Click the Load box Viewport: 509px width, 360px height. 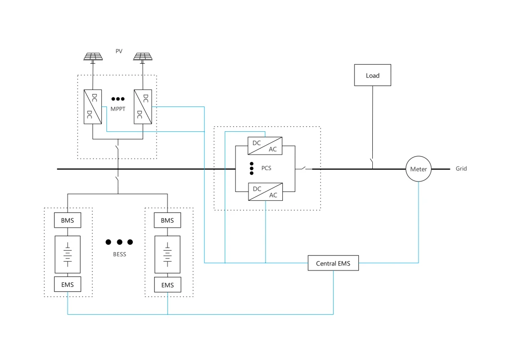point(372,76)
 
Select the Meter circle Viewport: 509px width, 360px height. point(418,169)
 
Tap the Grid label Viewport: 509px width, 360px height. point(461,169)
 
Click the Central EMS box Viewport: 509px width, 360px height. point(333,264)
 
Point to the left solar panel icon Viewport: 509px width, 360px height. point(92,57)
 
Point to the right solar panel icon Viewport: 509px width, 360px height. point(143,57)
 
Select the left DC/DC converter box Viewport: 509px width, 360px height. point(92,106)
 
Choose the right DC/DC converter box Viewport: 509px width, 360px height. point(143,106)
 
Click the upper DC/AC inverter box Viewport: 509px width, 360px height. point(265,146)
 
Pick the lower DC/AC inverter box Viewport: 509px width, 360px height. point(265,192)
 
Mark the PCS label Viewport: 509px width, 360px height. point(266,169)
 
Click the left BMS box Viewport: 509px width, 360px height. point(68,220)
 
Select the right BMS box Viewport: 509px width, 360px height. point(168,220)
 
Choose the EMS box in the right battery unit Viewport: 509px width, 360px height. point(168,285)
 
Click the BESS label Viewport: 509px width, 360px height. point(119,255)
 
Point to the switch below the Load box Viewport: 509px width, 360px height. point(372,162)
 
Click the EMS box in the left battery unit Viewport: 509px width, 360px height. point(68,285)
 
